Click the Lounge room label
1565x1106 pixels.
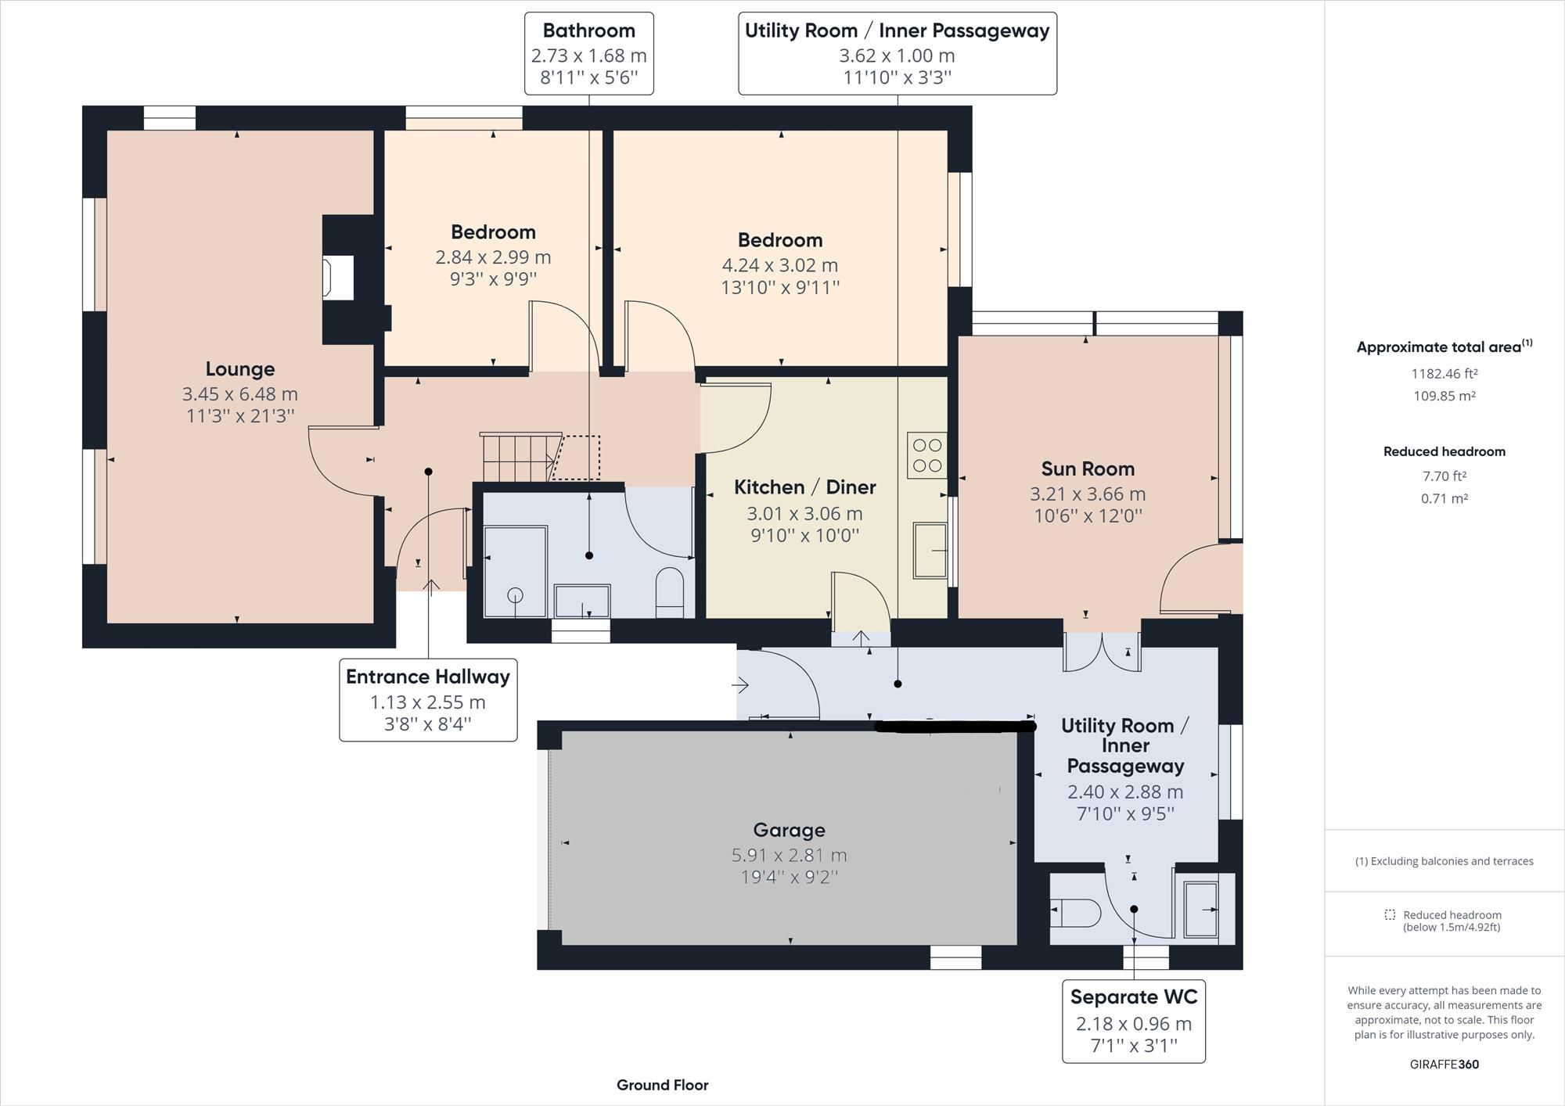click(239, 369)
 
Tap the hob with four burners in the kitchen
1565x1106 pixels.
click(927, 455)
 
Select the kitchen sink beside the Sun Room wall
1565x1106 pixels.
click(930, 551)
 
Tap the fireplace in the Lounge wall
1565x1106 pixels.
click(340, 278)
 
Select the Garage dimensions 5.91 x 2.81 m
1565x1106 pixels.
click(789, 855)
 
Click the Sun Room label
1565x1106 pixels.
click(1087, 469)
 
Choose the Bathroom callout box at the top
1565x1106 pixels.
click(588, 53)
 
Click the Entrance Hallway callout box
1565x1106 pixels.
click(428, 700)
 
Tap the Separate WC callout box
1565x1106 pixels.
click(1133, 1021)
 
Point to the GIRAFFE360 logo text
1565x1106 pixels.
click(1444, 1064)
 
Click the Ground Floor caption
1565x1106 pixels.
click(662, 1085)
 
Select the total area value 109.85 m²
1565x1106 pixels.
click(1444, 396)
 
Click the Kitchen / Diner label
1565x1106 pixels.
click(804, 487)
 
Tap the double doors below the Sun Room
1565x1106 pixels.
click(1102, 652)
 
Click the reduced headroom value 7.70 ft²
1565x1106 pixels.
click(1444, 476)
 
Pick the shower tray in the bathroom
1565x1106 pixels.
click(515, 572)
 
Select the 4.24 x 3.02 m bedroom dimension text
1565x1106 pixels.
click(779, 265)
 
